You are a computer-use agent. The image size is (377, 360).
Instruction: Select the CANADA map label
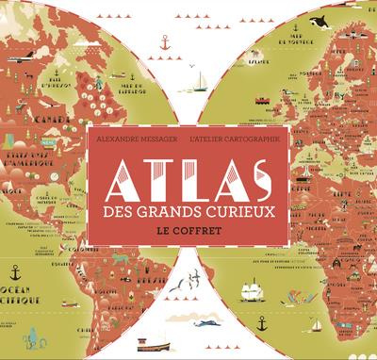click(21, 121)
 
